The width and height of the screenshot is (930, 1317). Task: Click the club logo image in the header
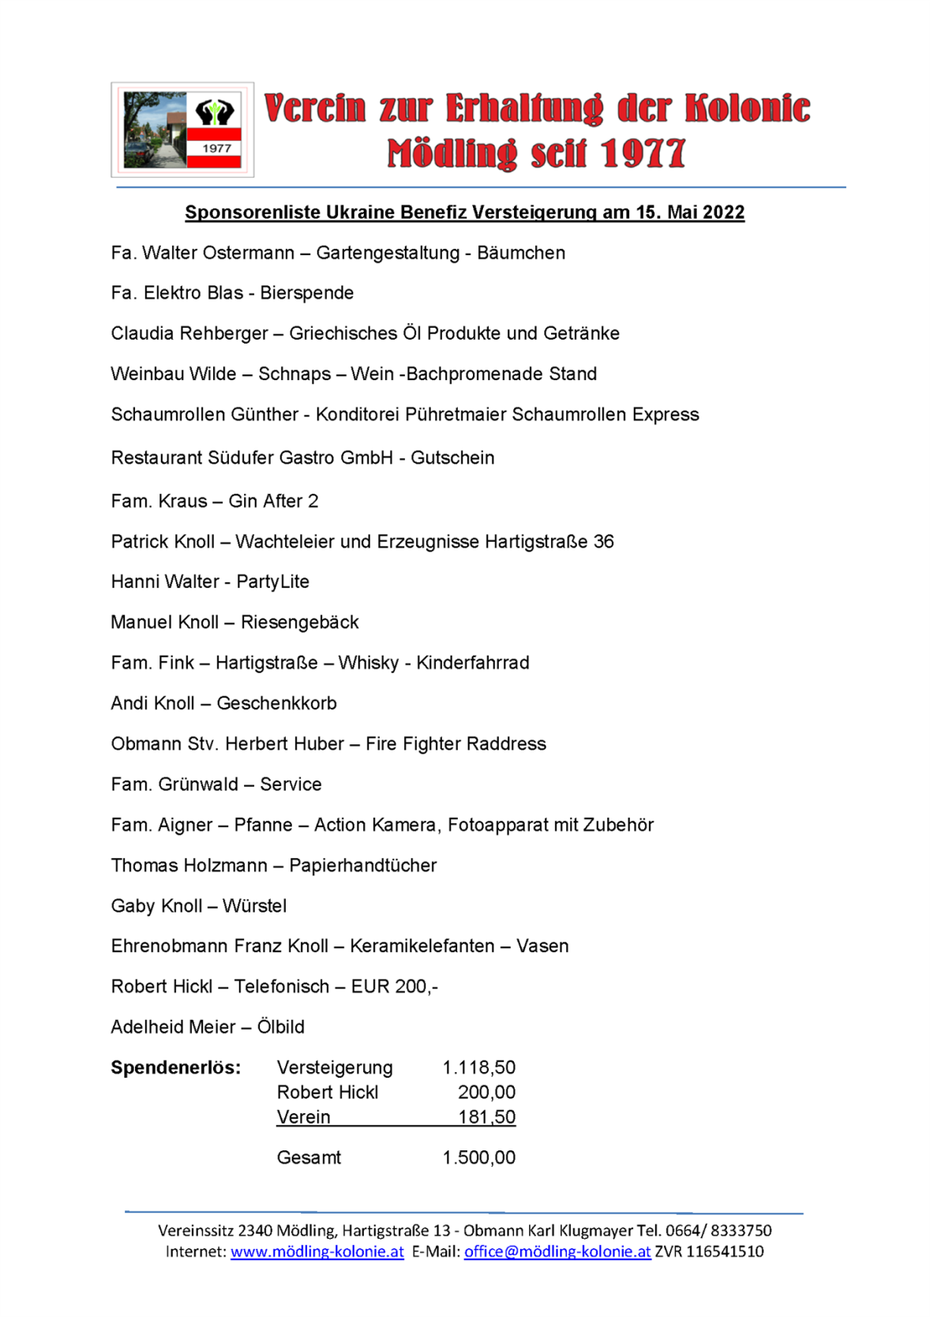(x=182, y=130)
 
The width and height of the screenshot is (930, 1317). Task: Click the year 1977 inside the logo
(x=216, y=149)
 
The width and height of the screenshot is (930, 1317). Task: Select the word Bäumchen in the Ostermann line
(x=521, y=254)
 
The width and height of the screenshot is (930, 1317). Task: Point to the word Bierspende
(x=307, y=293)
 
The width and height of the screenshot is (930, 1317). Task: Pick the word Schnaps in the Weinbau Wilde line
(x=294, y=374)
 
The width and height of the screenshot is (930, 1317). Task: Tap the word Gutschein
(x=452, y=458)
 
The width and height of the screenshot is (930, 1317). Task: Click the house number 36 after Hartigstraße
(x=604, y=542)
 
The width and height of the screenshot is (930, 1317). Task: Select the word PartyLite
(x=273, y=582)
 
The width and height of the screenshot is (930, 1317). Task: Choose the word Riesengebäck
(x=300, y=623)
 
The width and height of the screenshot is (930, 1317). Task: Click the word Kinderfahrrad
(x=473, y=663)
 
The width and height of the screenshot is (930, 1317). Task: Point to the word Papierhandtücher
(x=363, y=866)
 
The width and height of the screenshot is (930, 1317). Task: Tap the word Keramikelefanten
(x=422, y=946)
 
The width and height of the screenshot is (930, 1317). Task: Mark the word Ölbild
(x=281, y=1027)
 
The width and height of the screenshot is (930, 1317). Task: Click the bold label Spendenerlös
(x=176, y=1068)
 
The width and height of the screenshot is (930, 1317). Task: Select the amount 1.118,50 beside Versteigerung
(x=479, y=1068)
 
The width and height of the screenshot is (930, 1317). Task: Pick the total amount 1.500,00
(x=479, y=1158)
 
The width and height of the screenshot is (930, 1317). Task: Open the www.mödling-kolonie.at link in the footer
(x=317, y=1252)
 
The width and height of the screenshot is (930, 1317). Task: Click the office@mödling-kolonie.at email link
(x=557, y=1252)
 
